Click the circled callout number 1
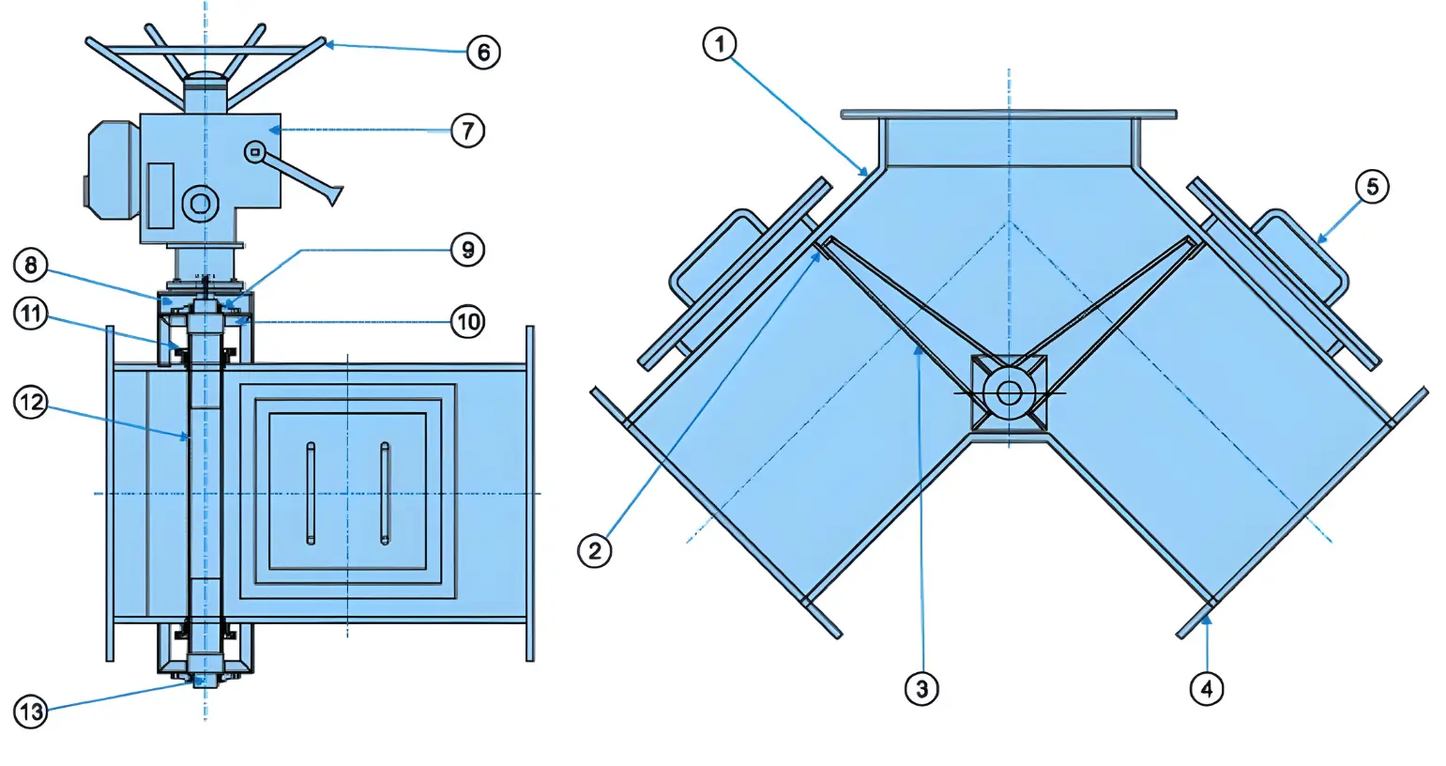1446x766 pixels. pos(720,44)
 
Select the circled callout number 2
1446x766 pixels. pos(594,551)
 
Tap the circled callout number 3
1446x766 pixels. pos(921,689)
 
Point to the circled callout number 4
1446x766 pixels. pos(1207,689)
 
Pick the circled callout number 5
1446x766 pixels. pos(1372,188)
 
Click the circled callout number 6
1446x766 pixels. pos(483,53)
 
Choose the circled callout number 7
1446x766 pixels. pos(467,130)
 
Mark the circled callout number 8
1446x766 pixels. pos(30,266)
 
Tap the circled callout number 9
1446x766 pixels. pos(467,250)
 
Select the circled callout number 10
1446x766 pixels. pos(467,321)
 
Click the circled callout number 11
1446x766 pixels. pos(30,314)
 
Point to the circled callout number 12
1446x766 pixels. pos(30,403)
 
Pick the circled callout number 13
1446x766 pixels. pos(30,712)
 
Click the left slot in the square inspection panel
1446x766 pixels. pos(311,494)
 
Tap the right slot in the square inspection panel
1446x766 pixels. pos(385,494)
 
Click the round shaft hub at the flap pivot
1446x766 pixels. pos(1009,392)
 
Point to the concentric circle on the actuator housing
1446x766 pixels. pos(200,204)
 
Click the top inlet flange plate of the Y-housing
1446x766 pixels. pos(1009,115)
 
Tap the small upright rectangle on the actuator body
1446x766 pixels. pos(160,195)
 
